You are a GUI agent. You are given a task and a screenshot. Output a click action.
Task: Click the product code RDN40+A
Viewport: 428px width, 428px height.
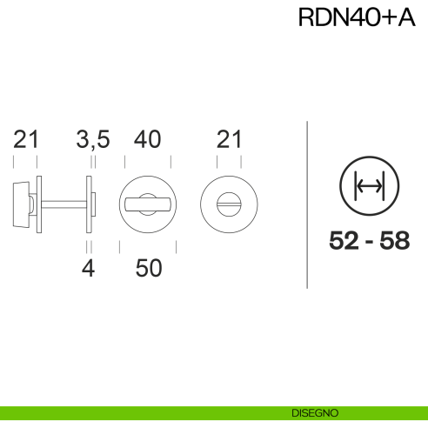coord(356,19)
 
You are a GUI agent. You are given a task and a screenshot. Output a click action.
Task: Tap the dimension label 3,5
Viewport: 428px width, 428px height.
coord(92,138)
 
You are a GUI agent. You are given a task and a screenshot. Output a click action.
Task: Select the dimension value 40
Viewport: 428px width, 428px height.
coord(148,138)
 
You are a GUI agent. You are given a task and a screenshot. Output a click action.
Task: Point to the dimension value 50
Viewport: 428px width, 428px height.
coord(149,269)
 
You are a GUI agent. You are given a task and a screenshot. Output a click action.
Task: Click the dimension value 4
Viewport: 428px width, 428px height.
coord(87,269)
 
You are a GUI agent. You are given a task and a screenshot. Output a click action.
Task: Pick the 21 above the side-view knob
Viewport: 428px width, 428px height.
coord(26,138)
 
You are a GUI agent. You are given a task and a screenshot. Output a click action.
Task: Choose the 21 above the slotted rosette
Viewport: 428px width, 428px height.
coord(228,138)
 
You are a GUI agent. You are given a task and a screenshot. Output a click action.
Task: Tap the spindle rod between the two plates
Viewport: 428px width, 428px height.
coord(65,204)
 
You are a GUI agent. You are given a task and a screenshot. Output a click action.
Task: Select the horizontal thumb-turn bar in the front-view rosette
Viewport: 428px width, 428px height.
coord(148,204)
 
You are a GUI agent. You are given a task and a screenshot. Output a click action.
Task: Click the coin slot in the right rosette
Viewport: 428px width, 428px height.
coord(228,204)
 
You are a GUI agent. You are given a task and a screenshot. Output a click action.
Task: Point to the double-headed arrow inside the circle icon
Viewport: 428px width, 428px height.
coord(370,186)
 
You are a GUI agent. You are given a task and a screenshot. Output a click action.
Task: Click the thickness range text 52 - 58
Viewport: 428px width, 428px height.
coord(370,242)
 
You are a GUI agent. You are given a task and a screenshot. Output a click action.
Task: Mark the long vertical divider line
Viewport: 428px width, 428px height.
coord(308,204)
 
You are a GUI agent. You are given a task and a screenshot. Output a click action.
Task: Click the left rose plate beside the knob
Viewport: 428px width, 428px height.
coord(39,204)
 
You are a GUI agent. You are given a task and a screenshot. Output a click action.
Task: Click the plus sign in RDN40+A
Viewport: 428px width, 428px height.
coord(386,19)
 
